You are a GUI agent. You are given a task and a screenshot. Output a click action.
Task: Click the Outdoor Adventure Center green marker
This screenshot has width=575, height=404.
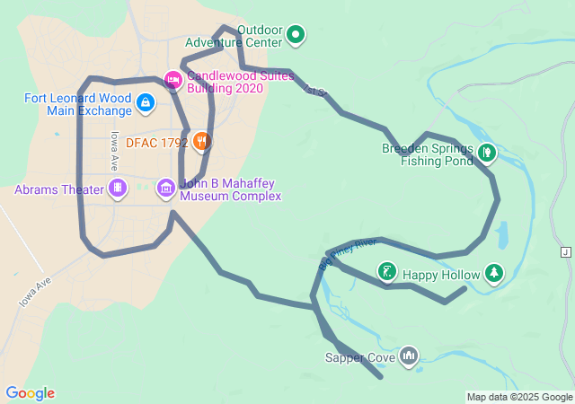pos(296,35)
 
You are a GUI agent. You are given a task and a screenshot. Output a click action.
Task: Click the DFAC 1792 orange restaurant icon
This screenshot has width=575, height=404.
pos(202,141)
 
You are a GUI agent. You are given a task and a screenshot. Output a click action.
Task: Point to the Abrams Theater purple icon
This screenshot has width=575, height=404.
pos(117,189)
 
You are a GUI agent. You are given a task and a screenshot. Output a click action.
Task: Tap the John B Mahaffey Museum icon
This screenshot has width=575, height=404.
pos(166,189)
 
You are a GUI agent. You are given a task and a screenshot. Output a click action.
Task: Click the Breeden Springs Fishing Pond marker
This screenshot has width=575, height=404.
pos(486,153)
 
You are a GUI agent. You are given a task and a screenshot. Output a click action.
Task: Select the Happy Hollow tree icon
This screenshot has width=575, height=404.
pos(493,272)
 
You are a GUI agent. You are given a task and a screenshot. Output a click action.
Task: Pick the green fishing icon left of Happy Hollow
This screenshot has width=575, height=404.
pos(387,271)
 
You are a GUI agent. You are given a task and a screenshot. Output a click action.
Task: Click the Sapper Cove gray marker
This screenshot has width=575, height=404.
pos(410,356)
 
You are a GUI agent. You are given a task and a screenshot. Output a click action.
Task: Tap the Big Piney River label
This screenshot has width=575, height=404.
pos(347,254)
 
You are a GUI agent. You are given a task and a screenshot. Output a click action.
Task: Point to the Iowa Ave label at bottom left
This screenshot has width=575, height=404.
pos(35,293)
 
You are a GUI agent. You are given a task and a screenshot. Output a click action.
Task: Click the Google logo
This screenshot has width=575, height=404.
pos(31,393)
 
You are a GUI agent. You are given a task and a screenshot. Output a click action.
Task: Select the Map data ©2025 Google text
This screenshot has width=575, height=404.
pos(519,397)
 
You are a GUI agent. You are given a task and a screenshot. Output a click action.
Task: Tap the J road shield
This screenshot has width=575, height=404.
pos(565,252)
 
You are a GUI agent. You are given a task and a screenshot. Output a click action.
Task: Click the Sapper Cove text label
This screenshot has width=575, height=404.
pos(359,357)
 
